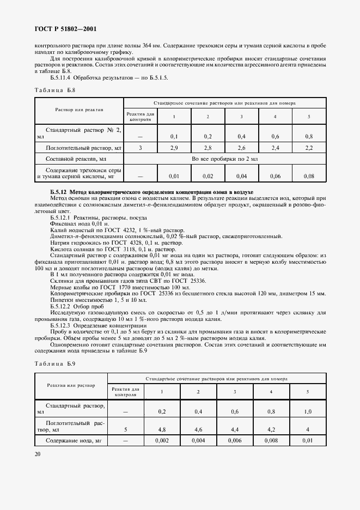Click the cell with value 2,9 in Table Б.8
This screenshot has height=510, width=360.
pyautogui.click(x=174, y=148)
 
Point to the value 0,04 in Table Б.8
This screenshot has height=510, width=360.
pyautogui.click(x=242, y=177)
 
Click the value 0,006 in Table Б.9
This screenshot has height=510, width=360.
pyautogui.click(x=234, y=441)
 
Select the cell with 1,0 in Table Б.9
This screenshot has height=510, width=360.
pyautogui.click(x=308, y=412)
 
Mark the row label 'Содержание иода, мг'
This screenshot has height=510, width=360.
pyautogui.click(x=73, y=441)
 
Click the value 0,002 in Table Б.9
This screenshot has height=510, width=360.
pyautogui.click(x=162, y=441)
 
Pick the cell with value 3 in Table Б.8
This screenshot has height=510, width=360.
pyautogui.click(x=141, y=148)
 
